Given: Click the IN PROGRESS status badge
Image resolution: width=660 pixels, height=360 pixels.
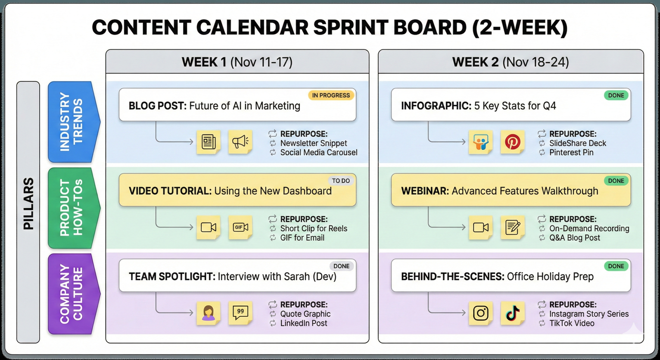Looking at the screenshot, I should click(x=331, y=95).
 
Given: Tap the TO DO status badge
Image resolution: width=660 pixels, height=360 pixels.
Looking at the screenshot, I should click(x=341, y=181).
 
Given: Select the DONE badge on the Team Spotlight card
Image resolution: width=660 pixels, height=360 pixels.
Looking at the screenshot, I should click(x=341, y=266).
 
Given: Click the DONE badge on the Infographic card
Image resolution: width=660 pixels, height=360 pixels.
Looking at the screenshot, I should click(x=616, y=95).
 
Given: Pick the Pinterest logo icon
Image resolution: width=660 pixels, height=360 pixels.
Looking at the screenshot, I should click(x=512, y=142).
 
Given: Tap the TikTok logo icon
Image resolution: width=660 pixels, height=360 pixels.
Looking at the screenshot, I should click(x=512, y=313).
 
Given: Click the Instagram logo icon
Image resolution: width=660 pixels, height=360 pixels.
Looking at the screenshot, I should click(x=481, y=313).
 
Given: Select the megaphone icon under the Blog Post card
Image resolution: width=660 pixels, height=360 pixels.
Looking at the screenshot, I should click(x=240, y=142).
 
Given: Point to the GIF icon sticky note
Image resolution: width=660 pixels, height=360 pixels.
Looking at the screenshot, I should click(x=240, y=227).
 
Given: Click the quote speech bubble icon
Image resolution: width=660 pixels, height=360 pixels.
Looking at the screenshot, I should click(x=240, y=312).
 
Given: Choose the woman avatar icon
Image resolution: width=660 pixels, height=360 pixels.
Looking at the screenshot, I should click(x=208, y=313).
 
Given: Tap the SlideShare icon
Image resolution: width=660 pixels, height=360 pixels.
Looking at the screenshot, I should click(x=481, y=142).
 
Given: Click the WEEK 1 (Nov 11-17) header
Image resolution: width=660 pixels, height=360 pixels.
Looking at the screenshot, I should click(x=237, y=62).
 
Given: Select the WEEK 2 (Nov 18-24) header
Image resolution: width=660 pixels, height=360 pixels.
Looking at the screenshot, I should click(x=511, y=62).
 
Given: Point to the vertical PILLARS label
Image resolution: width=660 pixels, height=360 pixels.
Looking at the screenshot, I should click(x=28, y=204).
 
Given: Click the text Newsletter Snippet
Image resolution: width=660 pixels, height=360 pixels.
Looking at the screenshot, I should click(x=313, y=143).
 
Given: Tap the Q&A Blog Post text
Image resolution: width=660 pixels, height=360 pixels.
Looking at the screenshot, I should click(x=575, y=238).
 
